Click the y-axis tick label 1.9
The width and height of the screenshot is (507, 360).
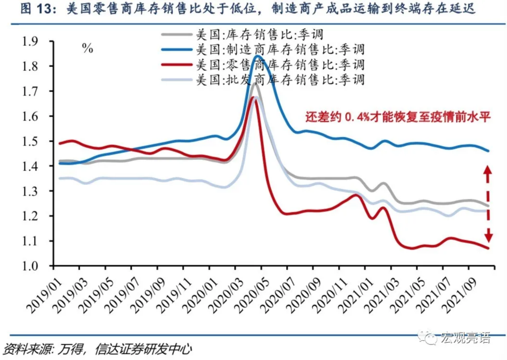[30, 41]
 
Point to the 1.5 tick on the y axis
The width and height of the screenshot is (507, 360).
[30, 141]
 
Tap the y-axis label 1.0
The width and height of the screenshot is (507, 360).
[30, 266]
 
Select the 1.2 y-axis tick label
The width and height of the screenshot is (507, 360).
[30, 216]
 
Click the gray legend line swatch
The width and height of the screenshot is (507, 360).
[177, 35]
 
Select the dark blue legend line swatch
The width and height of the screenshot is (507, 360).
[177, 50]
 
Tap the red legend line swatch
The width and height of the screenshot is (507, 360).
[177, 65]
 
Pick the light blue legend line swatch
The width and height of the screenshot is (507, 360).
[177, 80]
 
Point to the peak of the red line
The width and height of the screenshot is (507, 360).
[253, 98]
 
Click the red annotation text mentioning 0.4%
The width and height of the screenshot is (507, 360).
[398, 117]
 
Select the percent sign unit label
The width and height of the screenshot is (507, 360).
[87, 48]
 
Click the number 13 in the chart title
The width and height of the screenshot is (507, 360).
[44, 9]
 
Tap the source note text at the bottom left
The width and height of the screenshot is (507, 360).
[97, 349]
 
